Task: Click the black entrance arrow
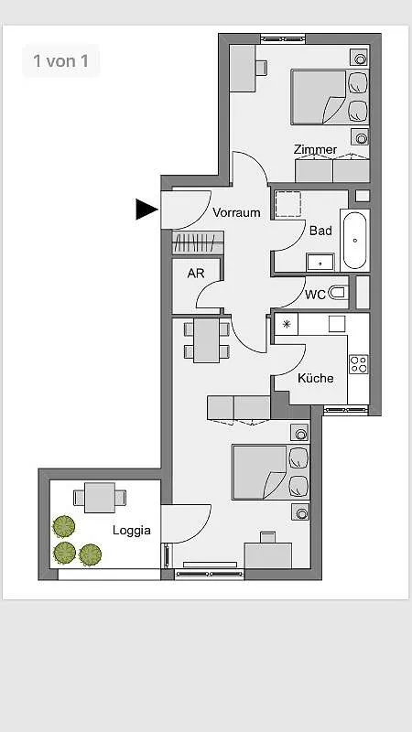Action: (146, 209)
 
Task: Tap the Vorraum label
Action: (236, 212)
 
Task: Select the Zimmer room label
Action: (315, 149)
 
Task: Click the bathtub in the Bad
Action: (355, 240)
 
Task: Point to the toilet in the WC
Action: (338, 293)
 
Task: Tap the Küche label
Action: (316, 378)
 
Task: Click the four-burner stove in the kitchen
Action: (359, 364)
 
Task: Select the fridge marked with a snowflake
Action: (286, 324)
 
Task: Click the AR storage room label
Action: (196, 273)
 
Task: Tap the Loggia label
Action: (131, 531)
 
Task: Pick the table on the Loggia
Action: (100, 498)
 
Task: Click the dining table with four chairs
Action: (207, 340)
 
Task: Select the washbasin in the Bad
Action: (320, 263)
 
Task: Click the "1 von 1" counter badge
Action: (60, 60)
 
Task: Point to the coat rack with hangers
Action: (198, 242)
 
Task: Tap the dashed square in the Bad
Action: (287, 203)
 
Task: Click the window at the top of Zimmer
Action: (283, 38)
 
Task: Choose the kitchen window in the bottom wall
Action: (346, 410)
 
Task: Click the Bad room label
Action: (321, 231)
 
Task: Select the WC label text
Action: (315, 295)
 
